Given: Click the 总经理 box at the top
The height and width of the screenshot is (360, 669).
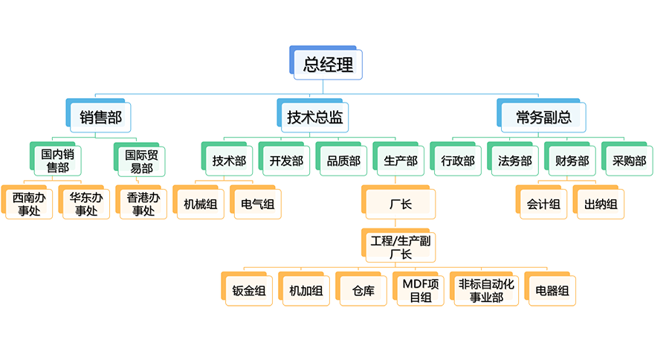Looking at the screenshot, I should (x=328, y=64).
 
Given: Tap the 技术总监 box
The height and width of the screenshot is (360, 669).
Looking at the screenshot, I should (x=315, y=116).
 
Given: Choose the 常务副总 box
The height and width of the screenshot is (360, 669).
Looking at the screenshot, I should (x=543, y=116).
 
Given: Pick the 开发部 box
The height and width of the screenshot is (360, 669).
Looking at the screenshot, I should (x=286, y=161).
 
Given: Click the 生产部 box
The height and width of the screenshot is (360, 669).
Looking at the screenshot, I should (x=401, y=161).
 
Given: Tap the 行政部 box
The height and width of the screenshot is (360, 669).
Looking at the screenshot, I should (x=457, y=161).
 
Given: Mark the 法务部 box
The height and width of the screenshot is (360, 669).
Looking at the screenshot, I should (x=514, y=161).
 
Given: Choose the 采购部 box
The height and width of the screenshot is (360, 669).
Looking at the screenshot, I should (x=629, y=161).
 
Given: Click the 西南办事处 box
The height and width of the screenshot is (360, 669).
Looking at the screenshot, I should (x=28, y=204).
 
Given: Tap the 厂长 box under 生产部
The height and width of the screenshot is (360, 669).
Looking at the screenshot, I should (x=401, y=204).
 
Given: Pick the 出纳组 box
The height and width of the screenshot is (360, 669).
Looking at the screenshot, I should (x=601, y=204).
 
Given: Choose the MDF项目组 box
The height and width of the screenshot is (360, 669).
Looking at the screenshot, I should (x=421, y=290).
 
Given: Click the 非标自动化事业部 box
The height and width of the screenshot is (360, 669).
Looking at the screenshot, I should (x=486, y=290).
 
